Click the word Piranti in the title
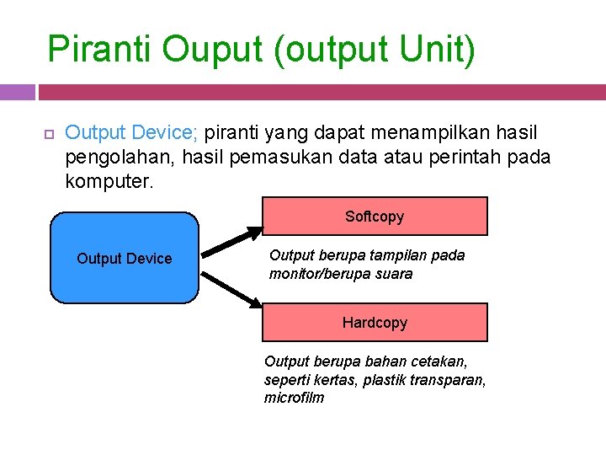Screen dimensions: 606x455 coord(100,50)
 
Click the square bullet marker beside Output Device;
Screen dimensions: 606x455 coord(48,134)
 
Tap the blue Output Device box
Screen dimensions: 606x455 coord(125,258)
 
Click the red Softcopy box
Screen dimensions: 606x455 coord(375,217)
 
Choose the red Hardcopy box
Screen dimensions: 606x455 coord(375,323)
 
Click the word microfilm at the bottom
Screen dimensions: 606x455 coord(294,398)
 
